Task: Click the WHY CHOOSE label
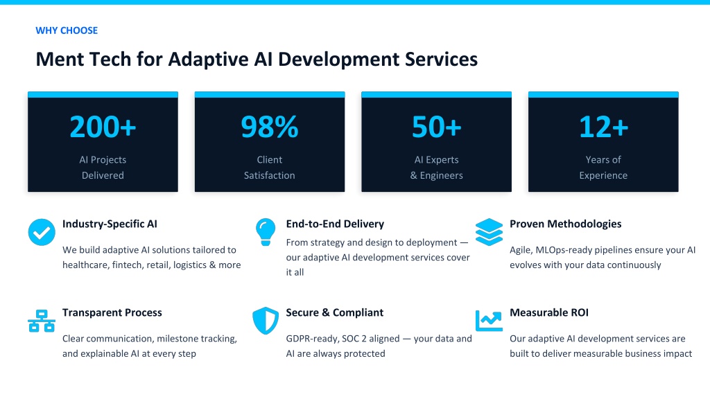click(x=67, y=30)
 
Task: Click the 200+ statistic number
click(x=103, y=127)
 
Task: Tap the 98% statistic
click(x=270, y=127)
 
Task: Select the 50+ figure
click(x=437, y=127)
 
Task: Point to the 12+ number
click(x=603, y=127)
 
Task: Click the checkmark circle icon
click(x=42, y=232)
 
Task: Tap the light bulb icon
click(x=266, y=232)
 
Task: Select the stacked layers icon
click(x=489, y=232)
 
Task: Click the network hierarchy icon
click(x=42, y=321)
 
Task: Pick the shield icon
click(x=266, y=321)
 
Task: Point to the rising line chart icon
click(x=489, y=321)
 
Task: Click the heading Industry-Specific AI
click(x=110, y=224)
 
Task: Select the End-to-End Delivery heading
click(x=335, y=224)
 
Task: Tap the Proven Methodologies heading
click(x=566, y=224)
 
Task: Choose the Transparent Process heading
click(x=112, y=312)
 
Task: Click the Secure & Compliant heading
click(x=335, y=312)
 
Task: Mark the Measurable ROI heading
click(x=549, y=312)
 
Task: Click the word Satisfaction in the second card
click(x=270, y=175)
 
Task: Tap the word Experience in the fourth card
click(x=603, y=175)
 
